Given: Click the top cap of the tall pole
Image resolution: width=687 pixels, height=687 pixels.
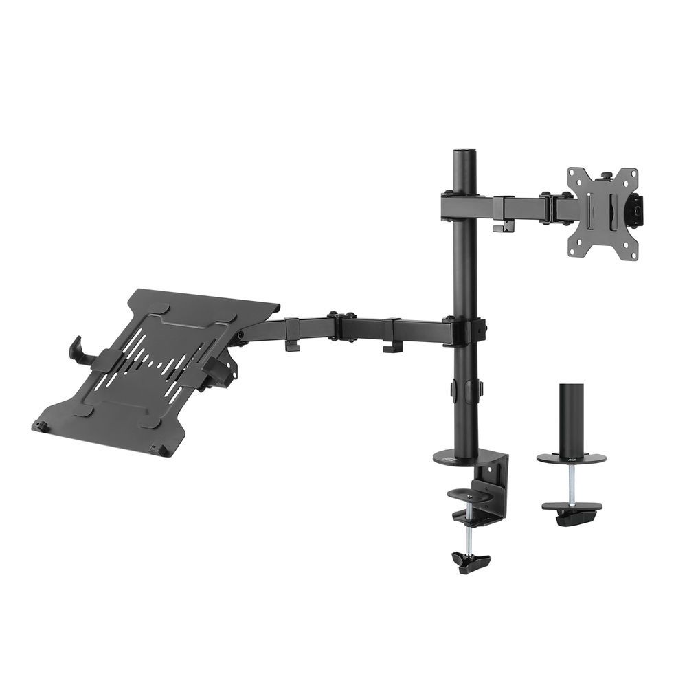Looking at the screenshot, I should coord(463,150).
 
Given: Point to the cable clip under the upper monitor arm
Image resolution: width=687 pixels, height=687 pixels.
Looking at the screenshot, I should coord(504,227).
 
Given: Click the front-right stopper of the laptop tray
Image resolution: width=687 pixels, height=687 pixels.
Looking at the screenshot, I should coord(162,450).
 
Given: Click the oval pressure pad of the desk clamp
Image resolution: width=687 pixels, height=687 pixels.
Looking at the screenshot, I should coord(470,494).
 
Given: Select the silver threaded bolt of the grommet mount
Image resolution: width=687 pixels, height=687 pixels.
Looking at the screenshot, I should coord(572,485).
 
